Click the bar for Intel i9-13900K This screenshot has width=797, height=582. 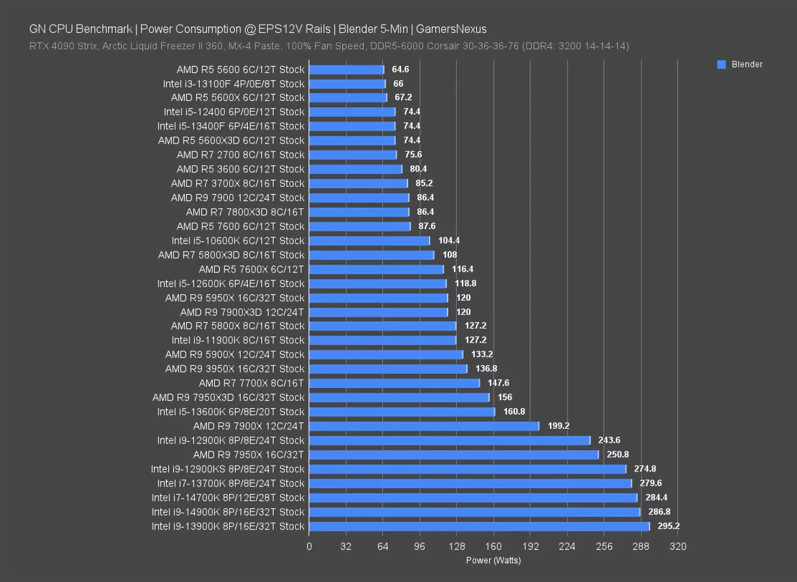479,526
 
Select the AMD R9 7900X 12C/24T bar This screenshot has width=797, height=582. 424,426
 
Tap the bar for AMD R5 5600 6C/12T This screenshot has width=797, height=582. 346,69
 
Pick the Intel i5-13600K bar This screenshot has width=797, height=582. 402,412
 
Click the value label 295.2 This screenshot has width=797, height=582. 668,526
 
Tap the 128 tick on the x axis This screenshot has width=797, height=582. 456,546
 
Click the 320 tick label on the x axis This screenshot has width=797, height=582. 677,546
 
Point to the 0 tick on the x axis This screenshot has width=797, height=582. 309,546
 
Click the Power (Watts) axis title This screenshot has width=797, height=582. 493,561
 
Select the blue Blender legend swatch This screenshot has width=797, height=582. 721,65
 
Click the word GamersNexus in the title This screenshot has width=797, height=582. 452,29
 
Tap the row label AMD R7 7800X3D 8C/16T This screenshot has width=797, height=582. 245,212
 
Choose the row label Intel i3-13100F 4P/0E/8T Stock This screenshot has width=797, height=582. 234,84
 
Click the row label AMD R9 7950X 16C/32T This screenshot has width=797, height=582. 248,455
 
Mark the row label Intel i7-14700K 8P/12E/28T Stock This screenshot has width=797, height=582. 228,498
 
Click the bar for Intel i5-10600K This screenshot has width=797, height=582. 369,241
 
